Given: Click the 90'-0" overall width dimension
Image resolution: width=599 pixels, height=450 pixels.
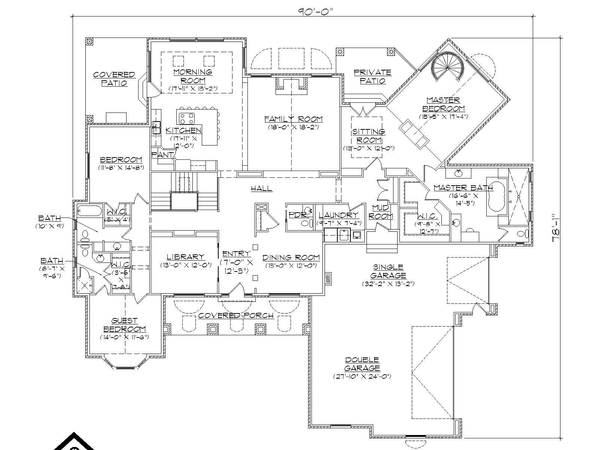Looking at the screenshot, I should tap(315, 11).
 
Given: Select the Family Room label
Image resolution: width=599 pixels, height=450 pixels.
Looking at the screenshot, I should tap(293, 119).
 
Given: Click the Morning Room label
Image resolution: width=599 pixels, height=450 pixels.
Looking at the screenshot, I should tap(193, 76).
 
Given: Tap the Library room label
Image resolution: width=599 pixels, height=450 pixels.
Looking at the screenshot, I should tap(186, 257).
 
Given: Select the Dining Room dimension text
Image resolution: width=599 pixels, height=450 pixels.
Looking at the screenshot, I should tap(291, 265).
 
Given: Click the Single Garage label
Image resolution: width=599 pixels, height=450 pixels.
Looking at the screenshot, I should tap(388, 271).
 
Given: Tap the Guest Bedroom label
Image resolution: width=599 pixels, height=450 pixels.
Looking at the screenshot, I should tap(124, 325).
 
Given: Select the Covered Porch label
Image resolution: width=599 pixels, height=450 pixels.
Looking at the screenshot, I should tap(236, 315).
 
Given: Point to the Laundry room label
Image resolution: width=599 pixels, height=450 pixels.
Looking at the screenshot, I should tap(338, 215).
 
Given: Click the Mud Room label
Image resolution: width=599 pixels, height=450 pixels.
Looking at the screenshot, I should tap(382, 212).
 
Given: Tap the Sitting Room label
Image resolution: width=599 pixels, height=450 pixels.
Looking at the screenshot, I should tap(368, 136).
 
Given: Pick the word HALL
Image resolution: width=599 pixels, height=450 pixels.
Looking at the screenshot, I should tap(261, 189).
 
